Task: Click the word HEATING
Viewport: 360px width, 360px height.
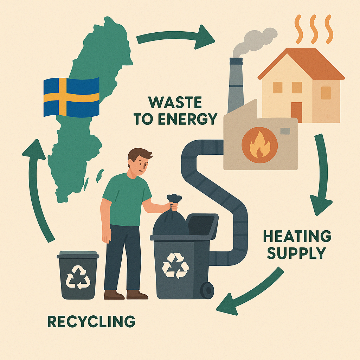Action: click(297, 237)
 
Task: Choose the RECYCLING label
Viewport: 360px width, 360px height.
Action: click(91, 321)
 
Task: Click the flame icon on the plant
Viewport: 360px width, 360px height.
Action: click(259, 144)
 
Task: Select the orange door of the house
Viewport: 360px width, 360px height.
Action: click(296, 112)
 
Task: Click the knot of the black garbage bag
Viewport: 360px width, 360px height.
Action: click(174, 200)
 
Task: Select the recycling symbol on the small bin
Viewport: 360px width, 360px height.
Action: click(78, 276)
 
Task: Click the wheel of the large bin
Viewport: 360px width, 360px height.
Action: click(207, 290)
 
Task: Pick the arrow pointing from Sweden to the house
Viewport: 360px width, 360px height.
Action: click(176, 37)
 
